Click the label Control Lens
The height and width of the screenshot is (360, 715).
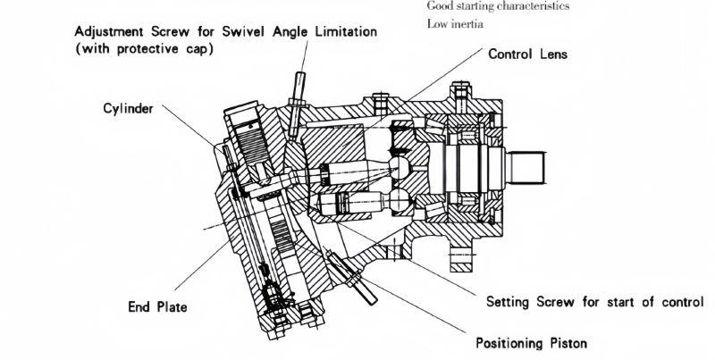pyautogui.click(x=527, y=54)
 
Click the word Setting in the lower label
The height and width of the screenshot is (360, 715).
pyautogui.click(x=513, y=301)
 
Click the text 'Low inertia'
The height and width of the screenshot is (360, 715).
pyautogui.click(x=457, y=24)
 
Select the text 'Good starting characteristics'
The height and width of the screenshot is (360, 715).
pyautogui.click(x=499, y=6)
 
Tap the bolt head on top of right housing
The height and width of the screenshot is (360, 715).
pyautogui.click(x=461, y=89)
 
